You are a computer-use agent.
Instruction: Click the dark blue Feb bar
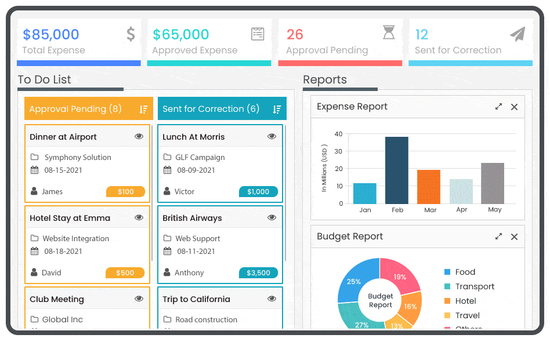[x=397, y=170]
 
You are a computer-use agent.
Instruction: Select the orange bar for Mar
[x=429, y=187]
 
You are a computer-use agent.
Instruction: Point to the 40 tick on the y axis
[x=339, y=134]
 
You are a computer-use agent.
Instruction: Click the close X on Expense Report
[x=514, y=107]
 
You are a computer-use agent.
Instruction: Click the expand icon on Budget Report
[x=498, y=237]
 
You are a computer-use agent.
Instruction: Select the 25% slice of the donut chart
[x=353, y=282]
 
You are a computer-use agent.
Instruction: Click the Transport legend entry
[x=475, y=286]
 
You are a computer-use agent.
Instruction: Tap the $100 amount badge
[x=125, y=192]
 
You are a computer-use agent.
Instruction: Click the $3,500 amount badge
[x=258, y=273]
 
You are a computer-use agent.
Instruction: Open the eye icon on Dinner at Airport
[x=139, y=137]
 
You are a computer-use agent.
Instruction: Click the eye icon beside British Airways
[x=272, y=218]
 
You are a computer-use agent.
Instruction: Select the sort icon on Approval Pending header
[x=144, y=109]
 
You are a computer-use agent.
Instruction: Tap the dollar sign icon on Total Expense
[x=131, y=34]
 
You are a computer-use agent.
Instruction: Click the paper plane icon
[x=518, y=34]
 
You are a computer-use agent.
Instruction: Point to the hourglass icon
[x=389, y=33]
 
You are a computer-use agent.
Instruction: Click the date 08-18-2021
[x=63, y=252]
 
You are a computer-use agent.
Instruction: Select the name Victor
[x=184, y=192]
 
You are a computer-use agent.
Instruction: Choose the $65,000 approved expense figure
[x=181, y=35]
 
